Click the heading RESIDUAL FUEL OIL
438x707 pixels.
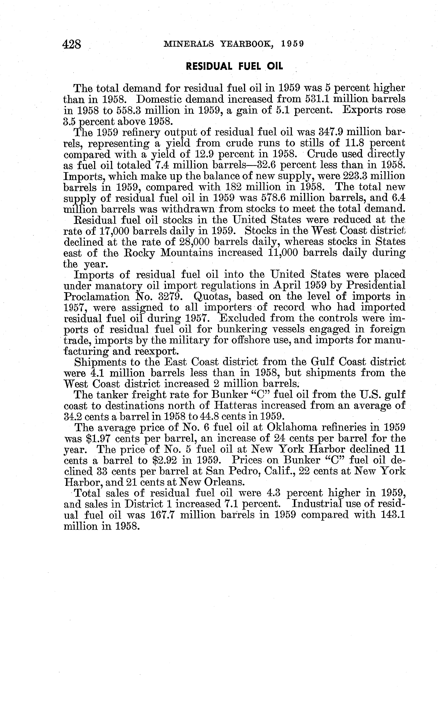click(234, 67)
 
